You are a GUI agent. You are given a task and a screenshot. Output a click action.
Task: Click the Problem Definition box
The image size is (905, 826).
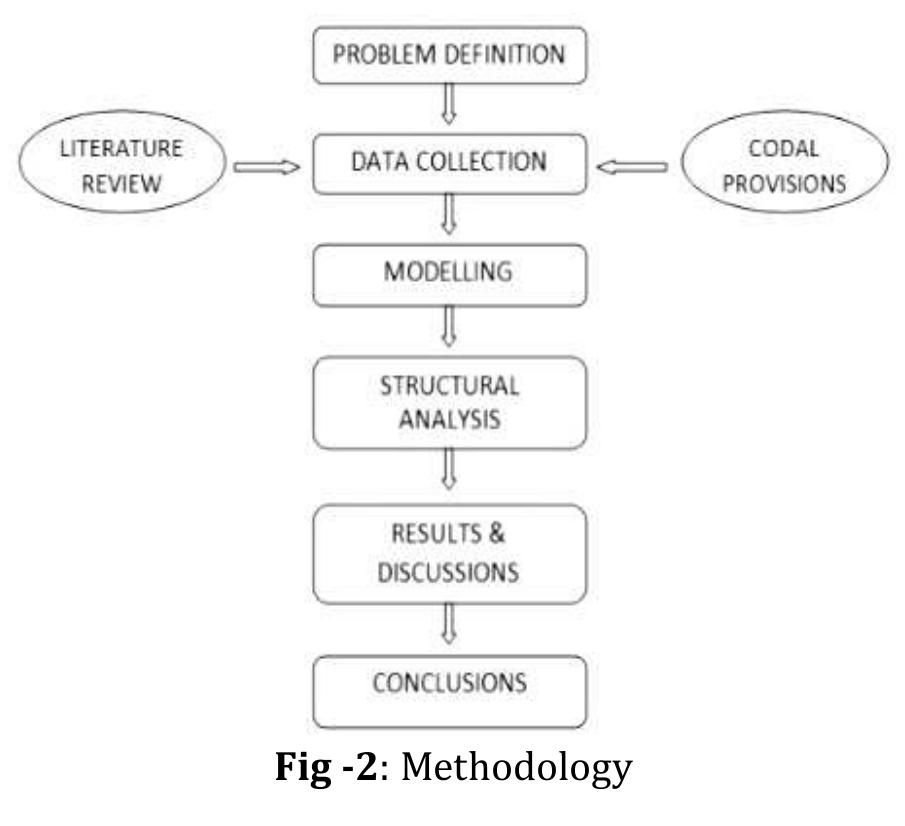coord(449,54)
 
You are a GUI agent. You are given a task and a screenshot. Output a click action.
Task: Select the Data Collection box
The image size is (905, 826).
coord(449,161)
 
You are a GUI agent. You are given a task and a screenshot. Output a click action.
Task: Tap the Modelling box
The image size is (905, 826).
coord(449,271)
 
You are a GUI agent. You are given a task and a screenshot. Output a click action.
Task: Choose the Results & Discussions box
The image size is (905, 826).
coord(449,552)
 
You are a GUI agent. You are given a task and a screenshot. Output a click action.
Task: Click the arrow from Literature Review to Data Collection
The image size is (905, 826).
coord(266,168)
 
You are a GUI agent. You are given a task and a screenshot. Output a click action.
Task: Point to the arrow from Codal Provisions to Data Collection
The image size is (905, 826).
coord(632,168)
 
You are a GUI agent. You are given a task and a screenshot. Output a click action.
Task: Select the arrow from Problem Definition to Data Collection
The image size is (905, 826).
coord(449,103)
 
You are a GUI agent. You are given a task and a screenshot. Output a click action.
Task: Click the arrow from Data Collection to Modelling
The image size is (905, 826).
coord(449,214)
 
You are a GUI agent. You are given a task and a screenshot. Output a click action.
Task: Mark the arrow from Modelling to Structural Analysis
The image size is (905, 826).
coord(449,325)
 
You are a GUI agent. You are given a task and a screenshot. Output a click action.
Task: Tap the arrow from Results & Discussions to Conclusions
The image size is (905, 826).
coord(449,626)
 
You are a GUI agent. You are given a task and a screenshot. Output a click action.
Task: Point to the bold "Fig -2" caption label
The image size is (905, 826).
coord(331,768)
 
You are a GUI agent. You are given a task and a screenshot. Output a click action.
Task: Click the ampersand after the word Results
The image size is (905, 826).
coord(497,532)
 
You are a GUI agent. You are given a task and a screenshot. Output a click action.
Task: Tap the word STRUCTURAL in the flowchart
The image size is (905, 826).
coord(449,385)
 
